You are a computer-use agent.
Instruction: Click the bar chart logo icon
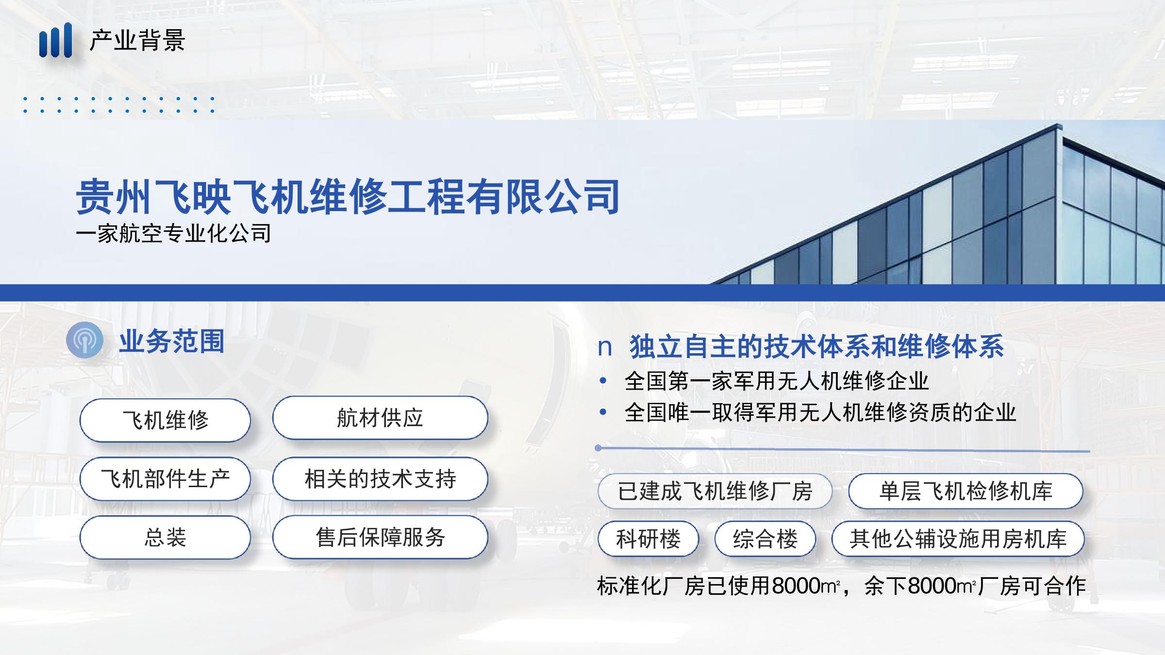(x=56, y=40)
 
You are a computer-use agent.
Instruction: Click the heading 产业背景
(x=137, y=40)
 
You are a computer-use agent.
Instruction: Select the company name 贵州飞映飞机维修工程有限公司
(x=348, y=196)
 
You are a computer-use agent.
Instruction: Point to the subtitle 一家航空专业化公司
(x=174, y=233)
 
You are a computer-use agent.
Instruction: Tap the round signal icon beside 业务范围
(x=85, y=340)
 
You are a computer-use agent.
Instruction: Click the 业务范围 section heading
(x=172, y=341)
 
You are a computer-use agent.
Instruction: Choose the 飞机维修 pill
(x=165, y=420)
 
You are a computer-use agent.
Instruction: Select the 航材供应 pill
(x=380, y=418)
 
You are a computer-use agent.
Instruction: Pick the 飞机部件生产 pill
(x=165, y=479)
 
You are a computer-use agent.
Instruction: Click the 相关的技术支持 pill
(x=380, y=479)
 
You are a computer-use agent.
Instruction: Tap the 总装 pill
(x=165, y=537)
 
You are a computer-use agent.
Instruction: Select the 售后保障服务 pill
(x=380, y=537)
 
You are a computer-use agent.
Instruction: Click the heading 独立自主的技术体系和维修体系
(x=816, y=346)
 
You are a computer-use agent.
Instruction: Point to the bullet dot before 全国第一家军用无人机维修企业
(x=603, y=381)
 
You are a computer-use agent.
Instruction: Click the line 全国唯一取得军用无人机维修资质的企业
(x=820, y=412)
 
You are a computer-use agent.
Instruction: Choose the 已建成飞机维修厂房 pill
(x=715, y=491)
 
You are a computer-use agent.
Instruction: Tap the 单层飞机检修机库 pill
(x=966, y=491)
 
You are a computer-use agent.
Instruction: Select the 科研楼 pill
(x=649, y=539)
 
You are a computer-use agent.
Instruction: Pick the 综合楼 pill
(x=765, y=539)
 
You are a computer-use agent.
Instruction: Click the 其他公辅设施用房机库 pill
(x=958, y=539)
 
